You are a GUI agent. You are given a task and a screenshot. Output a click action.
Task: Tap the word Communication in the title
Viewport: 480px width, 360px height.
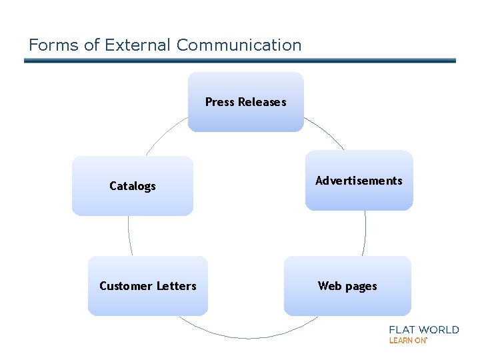239,45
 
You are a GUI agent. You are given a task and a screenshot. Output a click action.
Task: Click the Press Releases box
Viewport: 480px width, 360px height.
245,102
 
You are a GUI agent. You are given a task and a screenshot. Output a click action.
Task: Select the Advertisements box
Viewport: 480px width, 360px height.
359,181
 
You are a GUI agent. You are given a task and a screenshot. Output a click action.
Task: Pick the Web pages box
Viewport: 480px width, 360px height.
347,286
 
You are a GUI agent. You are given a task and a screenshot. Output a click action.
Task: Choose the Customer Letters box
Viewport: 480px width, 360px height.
147,286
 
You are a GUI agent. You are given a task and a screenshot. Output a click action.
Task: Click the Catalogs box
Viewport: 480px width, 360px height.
132,186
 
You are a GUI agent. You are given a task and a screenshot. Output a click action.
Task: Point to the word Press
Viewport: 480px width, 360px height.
220,102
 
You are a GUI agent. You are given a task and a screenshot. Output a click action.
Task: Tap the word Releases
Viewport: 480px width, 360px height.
262,102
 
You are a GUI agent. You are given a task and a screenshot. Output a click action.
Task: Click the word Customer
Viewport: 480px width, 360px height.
126,286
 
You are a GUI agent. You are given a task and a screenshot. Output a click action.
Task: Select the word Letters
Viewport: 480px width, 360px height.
176,286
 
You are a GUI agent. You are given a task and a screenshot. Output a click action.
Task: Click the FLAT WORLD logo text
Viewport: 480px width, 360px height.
423,329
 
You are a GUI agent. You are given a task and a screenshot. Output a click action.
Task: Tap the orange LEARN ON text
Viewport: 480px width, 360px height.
407,340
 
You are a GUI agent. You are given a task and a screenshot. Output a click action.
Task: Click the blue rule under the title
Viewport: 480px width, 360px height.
240,61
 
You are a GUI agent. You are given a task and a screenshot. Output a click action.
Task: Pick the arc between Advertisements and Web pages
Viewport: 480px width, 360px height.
365,233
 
